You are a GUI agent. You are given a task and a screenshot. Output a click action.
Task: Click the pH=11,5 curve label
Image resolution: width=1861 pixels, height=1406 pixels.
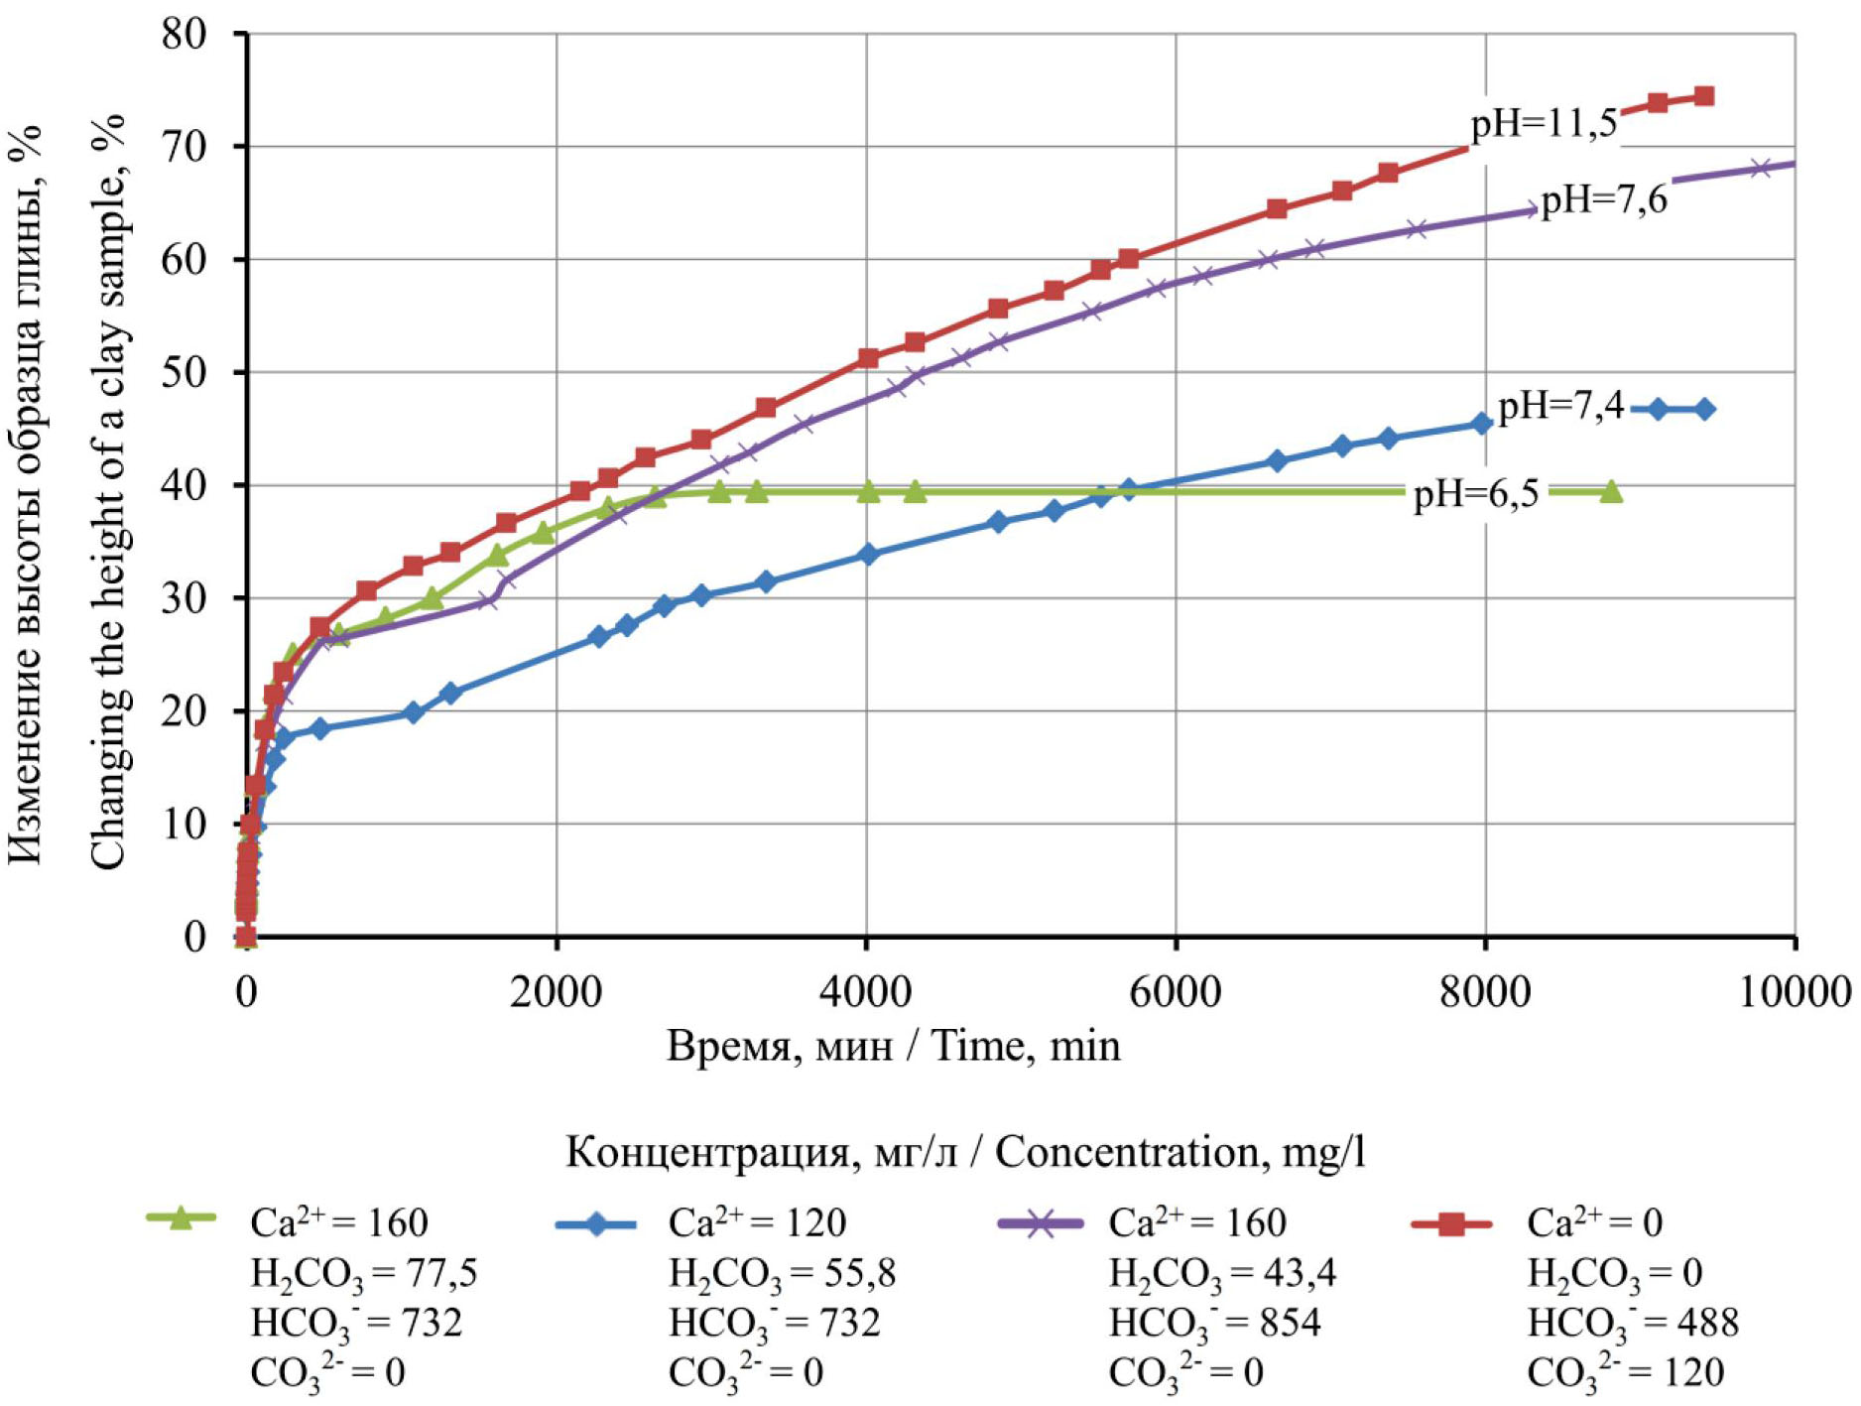pyautogui.click(x=1544, y=126)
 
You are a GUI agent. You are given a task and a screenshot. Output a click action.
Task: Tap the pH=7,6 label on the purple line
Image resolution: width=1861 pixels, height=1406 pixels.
pyautogui.click(x=1604, y=200)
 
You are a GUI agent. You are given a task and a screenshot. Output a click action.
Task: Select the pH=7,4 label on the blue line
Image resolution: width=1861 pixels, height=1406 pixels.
pyautogui.click(x=1560, y=406)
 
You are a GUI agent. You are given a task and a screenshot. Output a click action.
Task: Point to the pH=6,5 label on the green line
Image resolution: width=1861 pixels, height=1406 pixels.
pyautogui.click(x=1476, y=493)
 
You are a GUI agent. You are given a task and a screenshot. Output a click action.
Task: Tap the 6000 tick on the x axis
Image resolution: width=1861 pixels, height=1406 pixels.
pyautogui.click(x=1176, y=991)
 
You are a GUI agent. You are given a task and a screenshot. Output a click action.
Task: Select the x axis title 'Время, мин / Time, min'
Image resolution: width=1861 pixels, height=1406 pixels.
pyautogui.click(x=893, y=1046)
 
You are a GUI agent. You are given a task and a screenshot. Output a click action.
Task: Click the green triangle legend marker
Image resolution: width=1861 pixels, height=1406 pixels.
pyautogui.click(x=181, y=1218)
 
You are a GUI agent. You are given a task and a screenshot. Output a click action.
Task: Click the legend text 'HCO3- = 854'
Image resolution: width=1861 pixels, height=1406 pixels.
pyautogui.click(x=1214, y=1324)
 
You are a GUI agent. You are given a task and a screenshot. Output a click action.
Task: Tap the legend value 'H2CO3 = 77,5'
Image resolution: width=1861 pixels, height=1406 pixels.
pyautogui.click(x=363, y=1274)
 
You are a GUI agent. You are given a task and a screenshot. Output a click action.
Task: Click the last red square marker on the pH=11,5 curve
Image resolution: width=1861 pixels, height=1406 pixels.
pyautogui.click(x=1704, y=96)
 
